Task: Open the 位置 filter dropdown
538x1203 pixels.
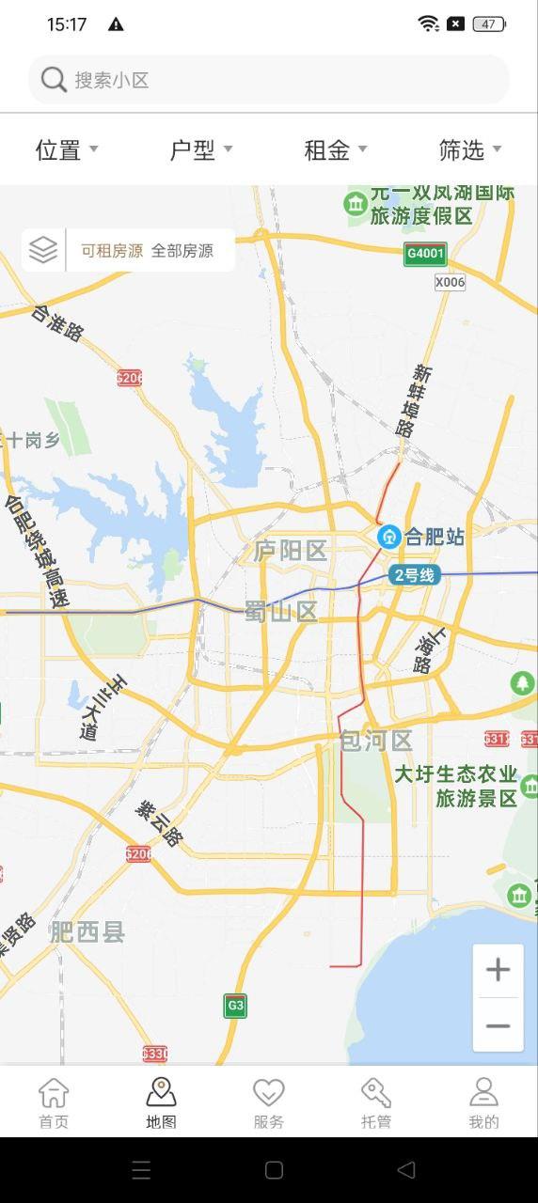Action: point(66,149)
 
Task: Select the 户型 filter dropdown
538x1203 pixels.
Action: point(200,149)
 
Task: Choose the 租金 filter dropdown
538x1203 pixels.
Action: point(335,149)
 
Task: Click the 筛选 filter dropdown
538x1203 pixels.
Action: point(469,149)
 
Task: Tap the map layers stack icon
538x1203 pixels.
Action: point(43,250)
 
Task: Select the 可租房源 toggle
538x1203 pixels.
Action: point(112,251)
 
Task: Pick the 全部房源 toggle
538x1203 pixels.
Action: point(182,251)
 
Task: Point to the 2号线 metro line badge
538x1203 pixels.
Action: point(414,575)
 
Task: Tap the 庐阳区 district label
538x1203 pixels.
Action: point(290,551)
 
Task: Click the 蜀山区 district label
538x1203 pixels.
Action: point(281,612)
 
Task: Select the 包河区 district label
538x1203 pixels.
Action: point(375,741)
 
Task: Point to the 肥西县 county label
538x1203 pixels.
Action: point(87,931)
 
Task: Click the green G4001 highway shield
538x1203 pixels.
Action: point(425,254)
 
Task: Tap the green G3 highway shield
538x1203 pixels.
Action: point(235,1006)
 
